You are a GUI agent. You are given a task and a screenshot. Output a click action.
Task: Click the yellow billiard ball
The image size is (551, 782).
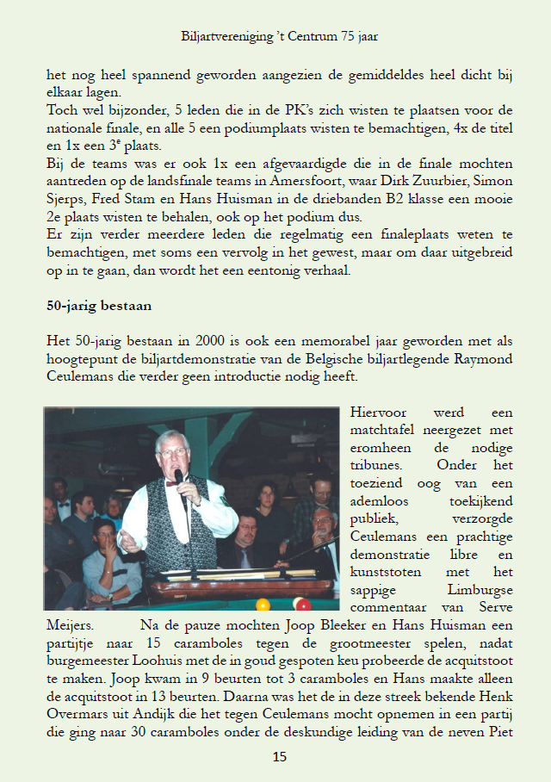pyautogui.click(x=263, y=605)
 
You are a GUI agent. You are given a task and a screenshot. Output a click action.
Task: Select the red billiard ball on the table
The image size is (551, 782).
pyautogui.click(x=302, y=604)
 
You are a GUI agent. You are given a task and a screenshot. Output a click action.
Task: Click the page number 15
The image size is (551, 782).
pyautogui.click(x=279, y=757)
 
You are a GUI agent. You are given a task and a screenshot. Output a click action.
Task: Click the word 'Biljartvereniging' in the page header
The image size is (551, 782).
pyautogui.click(x=226, y=37)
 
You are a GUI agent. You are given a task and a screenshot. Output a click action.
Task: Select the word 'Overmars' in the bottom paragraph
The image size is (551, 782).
pyautogui.click(x=77, y=705)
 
